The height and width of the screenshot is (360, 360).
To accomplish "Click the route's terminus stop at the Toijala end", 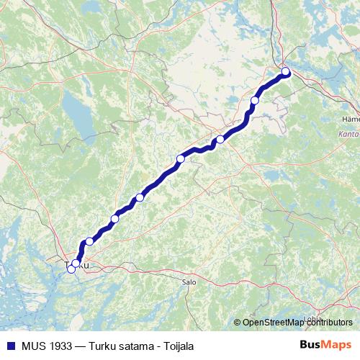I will [x=285, y=71].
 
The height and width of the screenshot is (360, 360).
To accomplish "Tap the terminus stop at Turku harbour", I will [x=71, y=269].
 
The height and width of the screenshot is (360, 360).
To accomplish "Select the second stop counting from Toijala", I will [x=255, y=101].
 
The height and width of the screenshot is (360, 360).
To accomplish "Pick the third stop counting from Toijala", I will [x=220, y=140].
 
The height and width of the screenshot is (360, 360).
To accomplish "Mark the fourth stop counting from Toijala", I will [x=181, y=158].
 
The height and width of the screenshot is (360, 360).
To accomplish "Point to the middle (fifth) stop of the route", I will [x=140, y=197].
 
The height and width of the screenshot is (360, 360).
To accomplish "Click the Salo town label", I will [x=189, y=283].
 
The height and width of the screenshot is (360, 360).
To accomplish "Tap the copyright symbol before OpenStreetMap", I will [x=238, y=322].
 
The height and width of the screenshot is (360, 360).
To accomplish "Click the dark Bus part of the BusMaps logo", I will [x=310, y=345].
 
